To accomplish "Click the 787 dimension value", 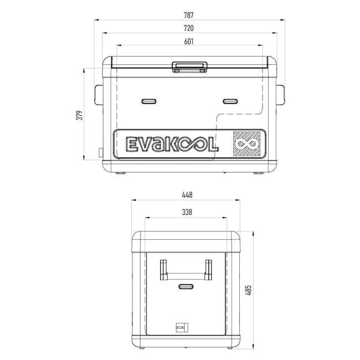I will tap(189, 14).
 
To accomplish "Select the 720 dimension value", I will tap(189, 28).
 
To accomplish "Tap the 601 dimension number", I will tap(189, 42).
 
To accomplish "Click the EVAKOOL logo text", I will tap(173, 145).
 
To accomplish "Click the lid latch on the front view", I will tap(189, 66).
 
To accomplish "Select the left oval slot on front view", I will tap(148, 101).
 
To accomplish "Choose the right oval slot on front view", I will tap(230, 101).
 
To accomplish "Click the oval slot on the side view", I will tap(187, 286).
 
